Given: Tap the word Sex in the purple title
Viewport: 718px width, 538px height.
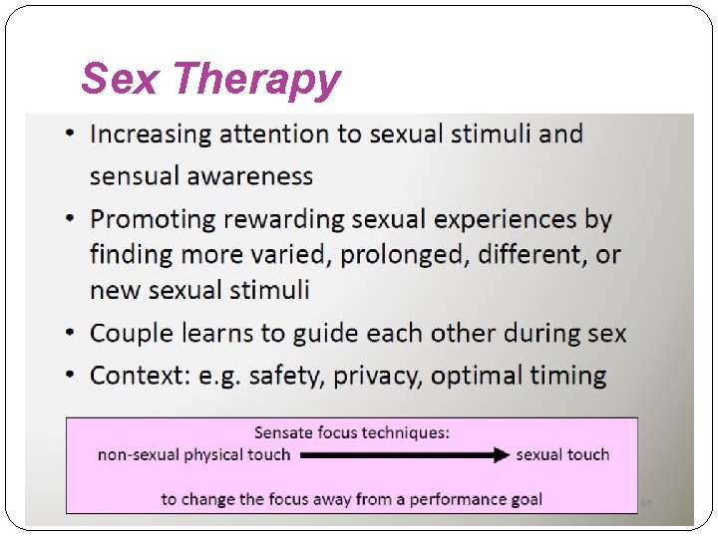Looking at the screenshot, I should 119,79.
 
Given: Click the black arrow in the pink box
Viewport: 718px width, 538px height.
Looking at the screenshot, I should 404,455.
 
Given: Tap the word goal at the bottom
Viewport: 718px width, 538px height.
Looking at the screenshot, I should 524,499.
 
